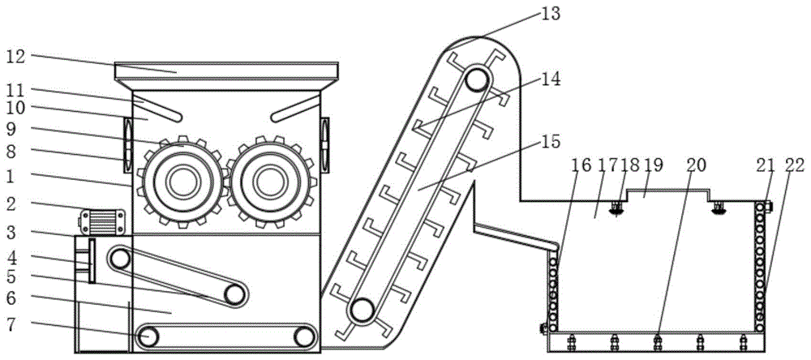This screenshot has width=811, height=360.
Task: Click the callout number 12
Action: (15, 56)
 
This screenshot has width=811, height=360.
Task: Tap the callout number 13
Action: (551, 13)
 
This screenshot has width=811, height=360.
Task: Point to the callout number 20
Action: (697, 165)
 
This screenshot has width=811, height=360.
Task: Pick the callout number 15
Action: (551, 141)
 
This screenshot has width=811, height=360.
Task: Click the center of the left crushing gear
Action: (182, 182)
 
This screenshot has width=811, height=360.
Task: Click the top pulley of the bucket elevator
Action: (478, 80)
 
